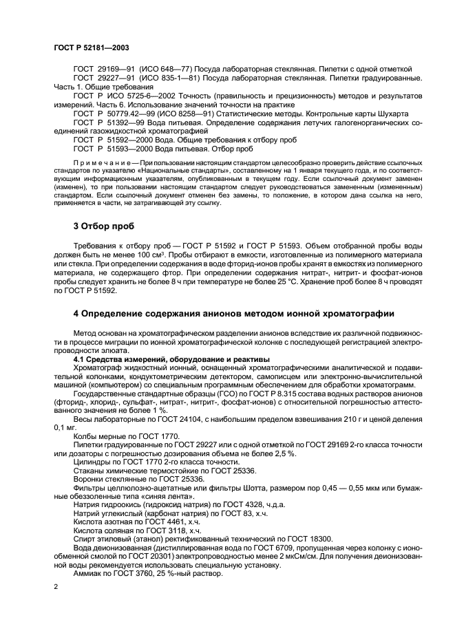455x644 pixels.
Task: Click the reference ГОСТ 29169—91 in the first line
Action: [105, 69]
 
